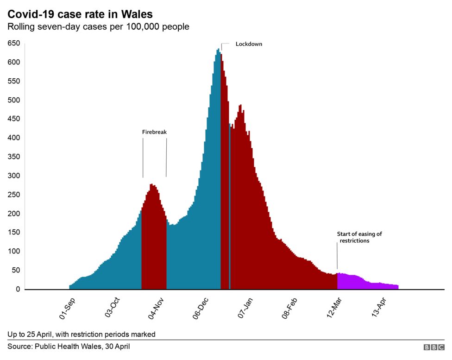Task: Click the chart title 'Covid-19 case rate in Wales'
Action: click(x=80, y=14)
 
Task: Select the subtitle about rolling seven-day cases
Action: click(x=98, y=27)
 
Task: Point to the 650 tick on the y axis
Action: click(x=14, y=44)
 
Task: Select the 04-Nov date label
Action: click(x=157, y=308)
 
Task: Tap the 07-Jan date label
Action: click(x=246, y=308)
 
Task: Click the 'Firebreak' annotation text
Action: click(x=154, y=132)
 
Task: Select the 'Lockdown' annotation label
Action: click(x=249, y=44)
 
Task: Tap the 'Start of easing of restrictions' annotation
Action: click(x=359, y=237)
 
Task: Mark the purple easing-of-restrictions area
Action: click(x=366, y=284)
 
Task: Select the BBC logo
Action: click(x=433, y=347)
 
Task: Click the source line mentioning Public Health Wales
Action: click(x=69, y=347)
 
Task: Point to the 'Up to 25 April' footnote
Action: click(x=81, y=334)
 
